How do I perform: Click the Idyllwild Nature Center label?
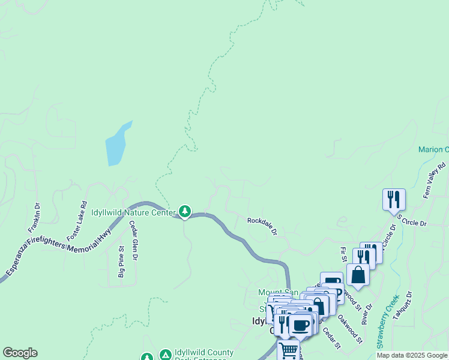(x=133, y=212)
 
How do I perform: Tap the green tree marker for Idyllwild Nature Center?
(x=185, y=211)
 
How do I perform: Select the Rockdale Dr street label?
(x=262, y=225)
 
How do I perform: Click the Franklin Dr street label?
(x=33, y=217)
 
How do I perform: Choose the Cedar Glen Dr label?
(x=134, y=241)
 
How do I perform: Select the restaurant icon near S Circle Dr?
(x=394, y=199)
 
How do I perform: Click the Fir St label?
(x=343, y=254)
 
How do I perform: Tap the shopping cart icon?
(x=288, y=350)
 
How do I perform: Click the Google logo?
(x=20, y=353)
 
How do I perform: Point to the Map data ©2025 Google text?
(x=412, y=355)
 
